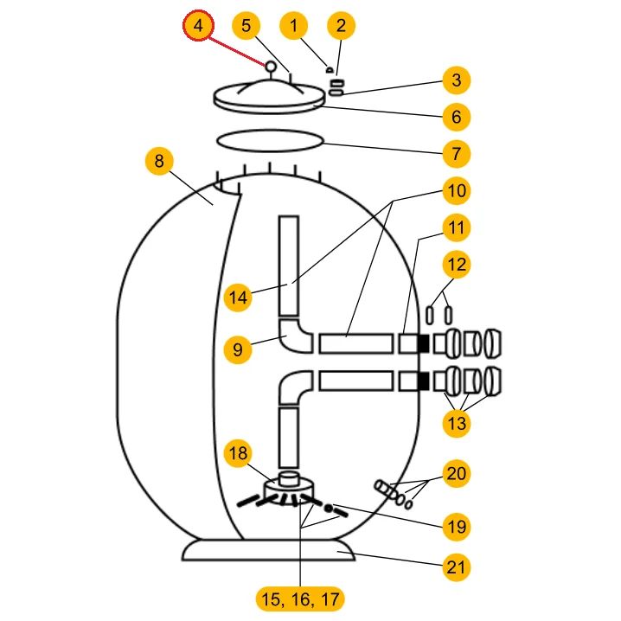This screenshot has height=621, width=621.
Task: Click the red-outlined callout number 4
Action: [x=198, y=26]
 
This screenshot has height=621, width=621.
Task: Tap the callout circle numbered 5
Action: [x=246, y=26]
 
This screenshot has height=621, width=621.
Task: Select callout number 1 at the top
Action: [x=294, y=26]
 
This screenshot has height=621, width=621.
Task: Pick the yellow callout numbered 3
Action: [x=456, y=80]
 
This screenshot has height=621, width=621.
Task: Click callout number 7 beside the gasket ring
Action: [x=456, y=154]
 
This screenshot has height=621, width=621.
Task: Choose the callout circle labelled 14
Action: [x=238, y=298]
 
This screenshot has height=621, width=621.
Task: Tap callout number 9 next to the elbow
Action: [x=238, y=349]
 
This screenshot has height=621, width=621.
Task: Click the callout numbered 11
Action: [x=456, y=227]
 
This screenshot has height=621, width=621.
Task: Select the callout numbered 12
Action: [x=456, y=264]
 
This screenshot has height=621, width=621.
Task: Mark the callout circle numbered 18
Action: [x=238, y=452]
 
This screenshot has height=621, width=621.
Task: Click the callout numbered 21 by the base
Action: [x=456, y=567]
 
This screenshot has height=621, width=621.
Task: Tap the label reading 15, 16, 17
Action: [x=300, y=598]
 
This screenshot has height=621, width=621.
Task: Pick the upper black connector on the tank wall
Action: [x=423, y=343]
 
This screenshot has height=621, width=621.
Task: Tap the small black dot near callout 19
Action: [x=329, y=509]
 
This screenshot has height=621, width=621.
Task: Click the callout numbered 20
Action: [x=456, y=473]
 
